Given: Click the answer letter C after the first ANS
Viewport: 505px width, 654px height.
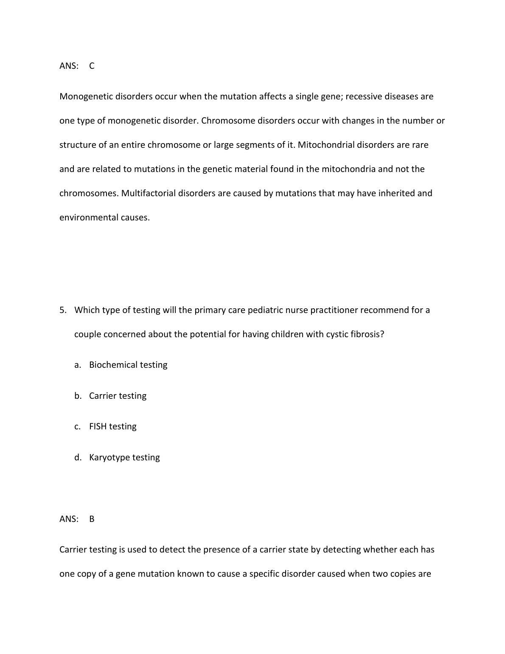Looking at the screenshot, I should click(x=92, y=66).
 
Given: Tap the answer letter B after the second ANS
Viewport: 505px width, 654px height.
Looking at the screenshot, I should click(x=92, y=519).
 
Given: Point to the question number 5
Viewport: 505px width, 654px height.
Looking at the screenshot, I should click(x=62, y=310).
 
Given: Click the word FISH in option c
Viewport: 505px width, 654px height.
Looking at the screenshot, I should click(x=98, y=426).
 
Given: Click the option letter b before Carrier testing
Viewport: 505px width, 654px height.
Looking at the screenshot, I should click(x=77, y=396).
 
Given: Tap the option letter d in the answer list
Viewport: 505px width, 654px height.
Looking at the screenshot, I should click(x=77, y=457).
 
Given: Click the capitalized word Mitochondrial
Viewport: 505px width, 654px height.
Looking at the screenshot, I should click(x=326, y=145).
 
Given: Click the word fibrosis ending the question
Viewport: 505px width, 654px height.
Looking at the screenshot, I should click(x=369, y=334).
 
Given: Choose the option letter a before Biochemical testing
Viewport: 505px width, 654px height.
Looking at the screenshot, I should click(x=77, y=365).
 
